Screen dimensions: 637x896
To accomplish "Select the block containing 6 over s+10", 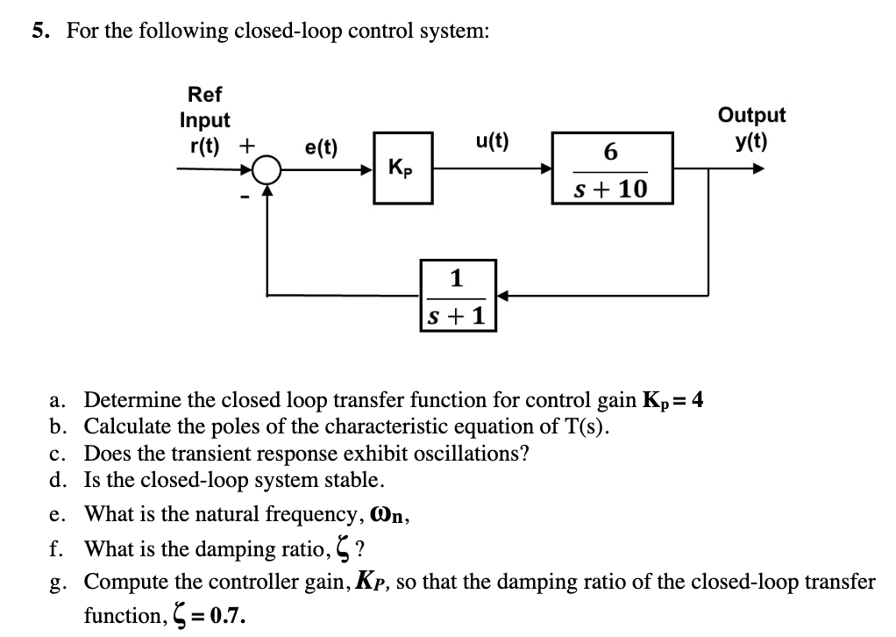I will (x=612, y=168).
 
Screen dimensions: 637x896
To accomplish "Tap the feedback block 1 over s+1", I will (x=458, y=295).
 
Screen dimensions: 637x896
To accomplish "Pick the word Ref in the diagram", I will (x=205, y=94).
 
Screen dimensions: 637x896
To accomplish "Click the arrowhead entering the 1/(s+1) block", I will (x=503, y=295).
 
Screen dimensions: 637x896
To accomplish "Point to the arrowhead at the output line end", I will (x=756, y=168).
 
